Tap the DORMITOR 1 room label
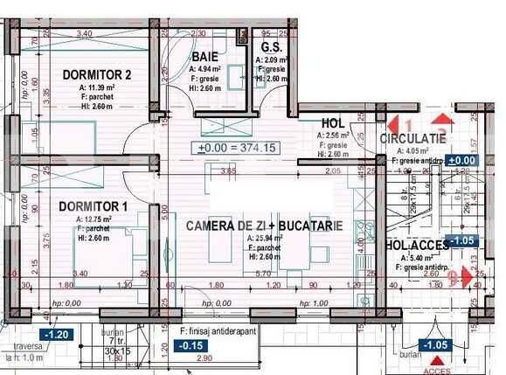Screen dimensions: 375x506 tap(94, 206)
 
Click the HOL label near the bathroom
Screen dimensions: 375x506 tap(333, 124)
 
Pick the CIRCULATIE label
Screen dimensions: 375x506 tap(413, 139)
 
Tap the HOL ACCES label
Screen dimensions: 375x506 tap(418, 247)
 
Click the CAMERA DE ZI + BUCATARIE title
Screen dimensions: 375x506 tap(264, 226)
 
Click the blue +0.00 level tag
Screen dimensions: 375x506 tap(461, 160)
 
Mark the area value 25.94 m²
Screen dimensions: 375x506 tap(265, 239)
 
